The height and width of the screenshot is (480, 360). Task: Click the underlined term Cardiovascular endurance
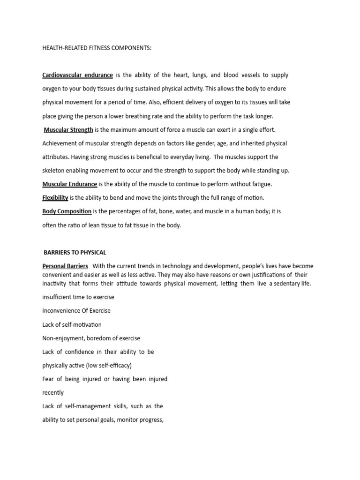[x=77, y=75]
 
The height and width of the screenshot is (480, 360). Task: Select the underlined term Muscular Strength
[x=68, y=129]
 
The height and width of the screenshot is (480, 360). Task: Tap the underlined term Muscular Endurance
[x=70, y=184]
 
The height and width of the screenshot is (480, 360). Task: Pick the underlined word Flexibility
[x=55, y=198]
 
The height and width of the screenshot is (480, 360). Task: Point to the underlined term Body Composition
[x=67, y=211]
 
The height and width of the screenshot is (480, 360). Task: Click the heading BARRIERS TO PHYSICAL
[x=75, y=252]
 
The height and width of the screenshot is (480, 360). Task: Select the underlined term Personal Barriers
[x=65, y=266]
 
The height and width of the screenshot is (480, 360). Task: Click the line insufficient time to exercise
[x=78, y=297]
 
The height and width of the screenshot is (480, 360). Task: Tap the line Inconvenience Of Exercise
[x=76, y=311]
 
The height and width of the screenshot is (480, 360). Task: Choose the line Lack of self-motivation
[x=72, y=324]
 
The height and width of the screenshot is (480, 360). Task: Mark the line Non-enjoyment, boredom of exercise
[x=91, y=338]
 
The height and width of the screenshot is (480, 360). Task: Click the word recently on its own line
[x=53, y=393]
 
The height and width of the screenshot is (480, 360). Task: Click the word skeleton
[x=54, y=171]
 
